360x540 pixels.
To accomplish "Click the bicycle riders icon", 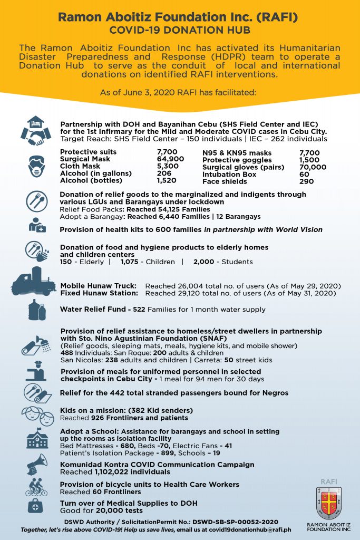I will click(x=36, y=487).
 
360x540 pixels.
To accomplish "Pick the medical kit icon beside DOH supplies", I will click(x=36, y=507).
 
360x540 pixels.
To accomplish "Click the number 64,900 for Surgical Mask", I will click(x=170, y=159).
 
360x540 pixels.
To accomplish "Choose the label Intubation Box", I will click(x=229, y=174).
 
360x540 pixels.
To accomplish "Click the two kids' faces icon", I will click(x=36, y=416).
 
